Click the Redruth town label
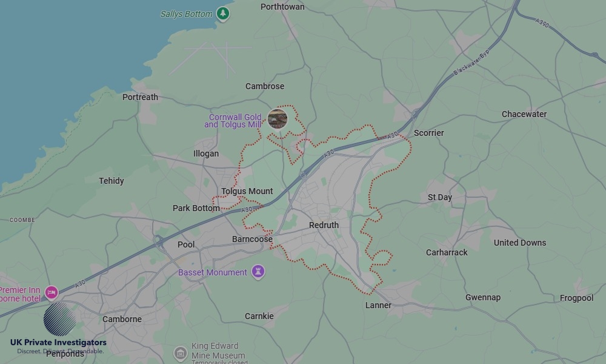[x=324, y=225]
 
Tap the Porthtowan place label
[x=282, y=7]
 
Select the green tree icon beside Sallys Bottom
[x=224, y=13]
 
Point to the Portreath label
[x=140, y=97]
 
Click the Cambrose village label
[x=265, y=86]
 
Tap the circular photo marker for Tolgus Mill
[x=278, y=119]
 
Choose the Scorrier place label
[x=428, y=133]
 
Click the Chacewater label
[x=524, y=114]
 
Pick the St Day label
[x=440, y=197]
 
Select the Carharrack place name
[x=447, y=252]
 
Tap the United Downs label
[x=520, y=243]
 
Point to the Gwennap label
[x=483, y=297]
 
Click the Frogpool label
[x=576, y=298]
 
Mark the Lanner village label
[x=378, y=305]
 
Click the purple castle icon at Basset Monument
[x=259, y=272]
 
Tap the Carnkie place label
[x=259, y=316]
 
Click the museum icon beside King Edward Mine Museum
[x=180, y=353]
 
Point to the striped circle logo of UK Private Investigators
[x=60, y=319]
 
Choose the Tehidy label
[x=112, y=181]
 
